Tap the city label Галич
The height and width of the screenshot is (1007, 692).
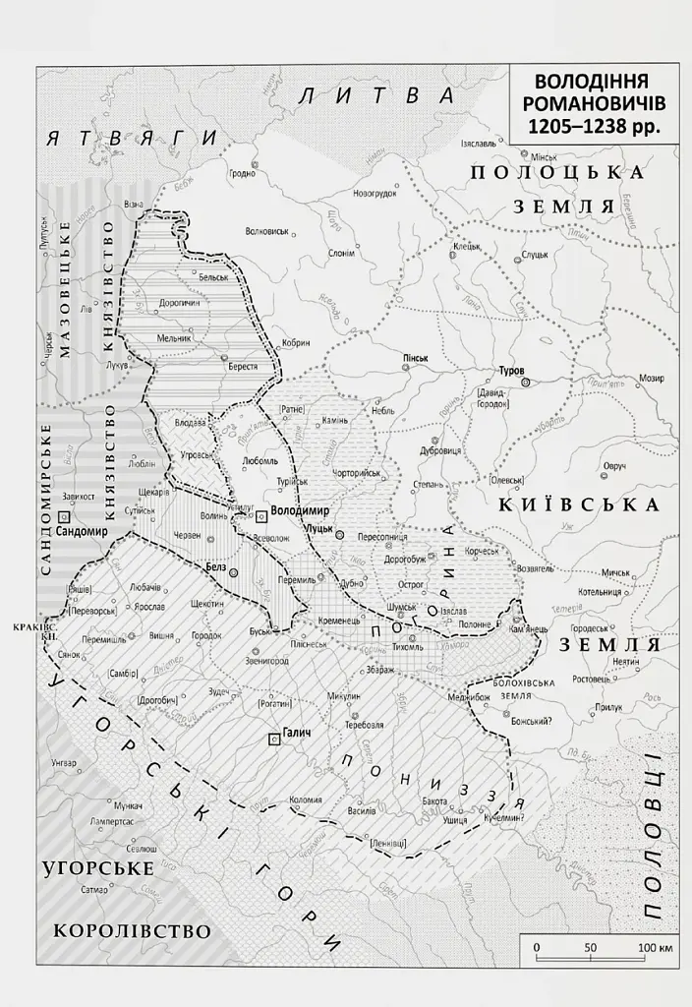pyautogui.click(x=297, y=740)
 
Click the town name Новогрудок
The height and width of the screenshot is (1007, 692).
pyautogui.click(x=375, y=193)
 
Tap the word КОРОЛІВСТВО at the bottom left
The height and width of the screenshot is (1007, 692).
pyautogui.click(x=133, y=930)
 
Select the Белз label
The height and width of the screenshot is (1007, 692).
pyautogui.click(x=217, y=567)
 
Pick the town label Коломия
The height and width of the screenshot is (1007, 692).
pyautogui.click(x=305, y=800)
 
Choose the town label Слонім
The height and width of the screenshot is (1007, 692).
pyautogui.click(x=341, y=252)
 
